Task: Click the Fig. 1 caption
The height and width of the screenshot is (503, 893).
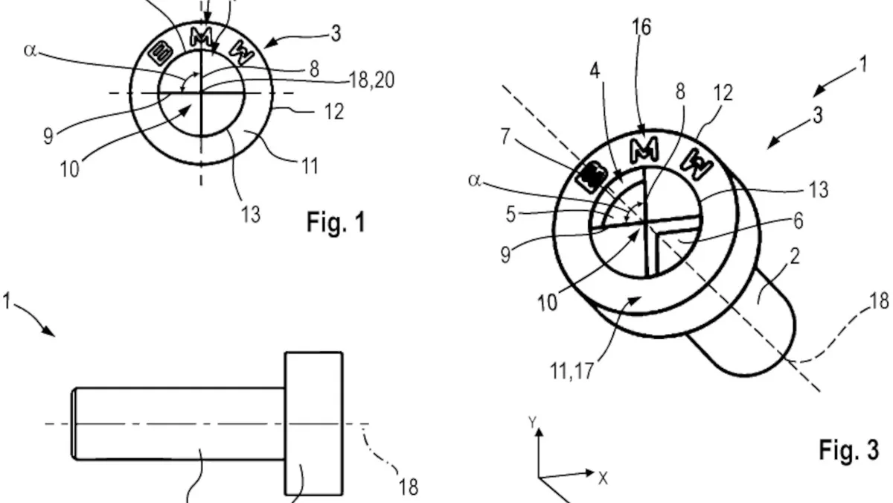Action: click(336, 222)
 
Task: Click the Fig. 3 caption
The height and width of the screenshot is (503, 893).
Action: click(849, 450)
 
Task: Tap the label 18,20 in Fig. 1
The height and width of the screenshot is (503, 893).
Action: click(371, 80)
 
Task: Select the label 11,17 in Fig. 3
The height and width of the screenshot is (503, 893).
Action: click(572, 371)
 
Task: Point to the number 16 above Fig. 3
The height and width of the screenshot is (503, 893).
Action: click(641, 28)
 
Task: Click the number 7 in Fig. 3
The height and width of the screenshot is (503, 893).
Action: click(505, 136)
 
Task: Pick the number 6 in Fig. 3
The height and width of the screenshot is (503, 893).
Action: click(798, 221)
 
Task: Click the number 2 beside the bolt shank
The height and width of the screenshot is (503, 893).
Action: click(795, 256)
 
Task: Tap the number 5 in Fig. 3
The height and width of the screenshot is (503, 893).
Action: click(510, 215)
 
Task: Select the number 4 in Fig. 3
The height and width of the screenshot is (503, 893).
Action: click(595, 72)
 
